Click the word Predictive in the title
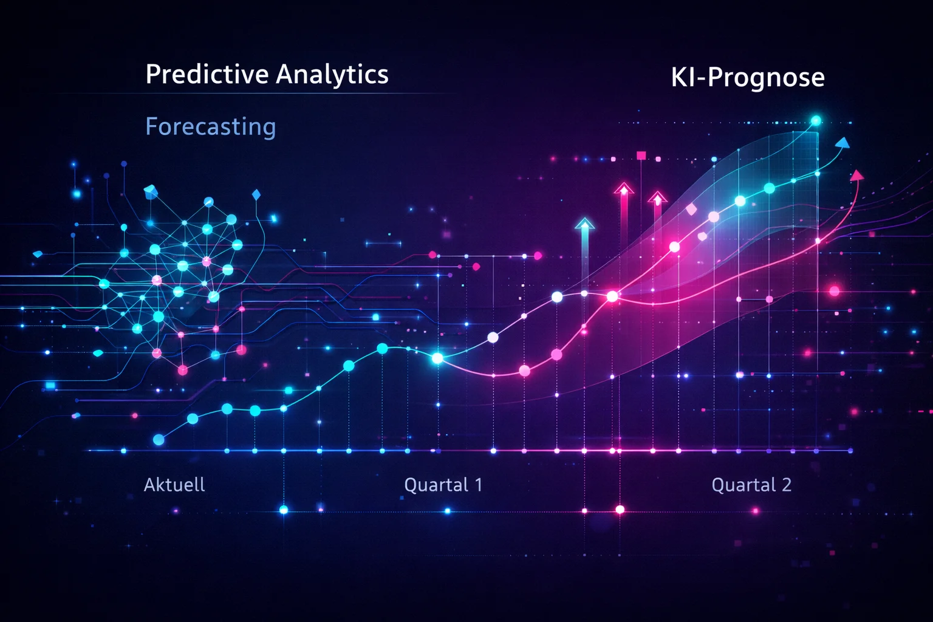[x=207, y=75]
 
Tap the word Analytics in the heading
[x=332, y=75]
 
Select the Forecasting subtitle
[x=211, y=127]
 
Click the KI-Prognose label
[x=748, y=77]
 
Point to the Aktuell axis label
[x=174, y=485]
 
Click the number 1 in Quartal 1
[x=479, y=485]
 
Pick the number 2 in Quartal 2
[x=787, y=485]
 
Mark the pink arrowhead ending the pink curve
[x=856, y=176]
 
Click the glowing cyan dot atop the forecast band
[x=816, y=121]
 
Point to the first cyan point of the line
[x=159, y=440]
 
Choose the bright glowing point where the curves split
[x=437, y=358]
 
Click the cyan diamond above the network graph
[x=256, y=195]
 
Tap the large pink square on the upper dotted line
[x=641, y=156]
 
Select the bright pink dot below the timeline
[x=620, y=510]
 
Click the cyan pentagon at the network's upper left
[x=150, y=192]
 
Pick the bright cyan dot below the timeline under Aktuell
[x=284, y=510]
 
